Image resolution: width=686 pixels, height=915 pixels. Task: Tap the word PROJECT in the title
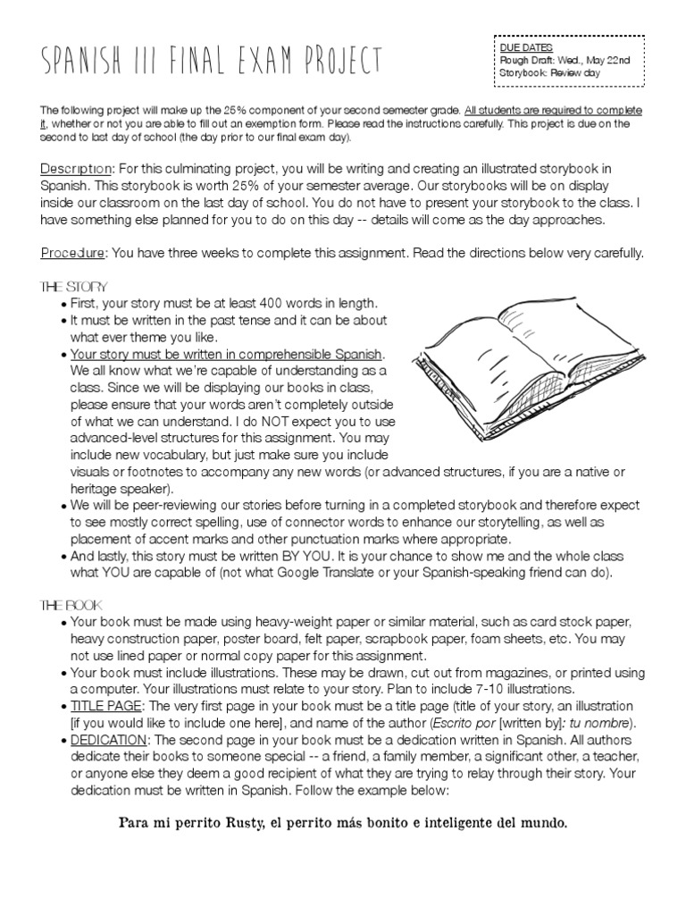click(341, 60)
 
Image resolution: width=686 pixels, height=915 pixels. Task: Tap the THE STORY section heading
click(74, 287)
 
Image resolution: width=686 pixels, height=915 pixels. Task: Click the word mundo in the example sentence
click(544, 822)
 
